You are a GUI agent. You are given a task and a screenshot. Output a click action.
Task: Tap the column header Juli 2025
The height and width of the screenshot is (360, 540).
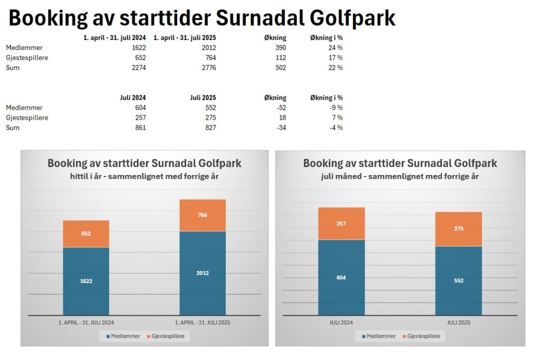[202, 98]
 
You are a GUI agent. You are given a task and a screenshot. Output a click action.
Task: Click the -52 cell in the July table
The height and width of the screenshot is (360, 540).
[279, 108]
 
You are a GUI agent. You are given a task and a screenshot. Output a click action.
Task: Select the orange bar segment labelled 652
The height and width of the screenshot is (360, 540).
[86, 233]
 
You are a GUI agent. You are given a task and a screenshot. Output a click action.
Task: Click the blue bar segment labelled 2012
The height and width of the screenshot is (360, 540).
[202, 273]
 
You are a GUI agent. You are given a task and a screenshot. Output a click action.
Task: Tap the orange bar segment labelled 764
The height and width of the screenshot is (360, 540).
[202, 215]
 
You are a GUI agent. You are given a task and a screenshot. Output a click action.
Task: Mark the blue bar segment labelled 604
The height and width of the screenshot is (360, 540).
[341, 277]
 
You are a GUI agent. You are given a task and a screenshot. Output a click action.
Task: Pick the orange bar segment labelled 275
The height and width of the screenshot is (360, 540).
[458, 229]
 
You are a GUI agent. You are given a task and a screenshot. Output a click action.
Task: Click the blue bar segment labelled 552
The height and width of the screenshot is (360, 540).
[458, 280]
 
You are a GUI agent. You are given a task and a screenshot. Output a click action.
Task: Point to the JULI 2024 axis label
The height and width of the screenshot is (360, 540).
[341, 322]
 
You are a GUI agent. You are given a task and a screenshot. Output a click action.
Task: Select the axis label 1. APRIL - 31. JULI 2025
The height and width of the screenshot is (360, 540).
[202, 322]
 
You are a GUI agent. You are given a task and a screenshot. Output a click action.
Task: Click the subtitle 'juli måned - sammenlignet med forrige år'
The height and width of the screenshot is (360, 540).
[400, 177]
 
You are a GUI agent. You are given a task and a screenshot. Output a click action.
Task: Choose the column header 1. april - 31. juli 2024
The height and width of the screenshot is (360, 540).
[115, 37]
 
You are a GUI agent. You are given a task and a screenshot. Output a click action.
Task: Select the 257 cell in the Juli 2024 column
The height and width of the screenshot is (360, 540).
[139, 118]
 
